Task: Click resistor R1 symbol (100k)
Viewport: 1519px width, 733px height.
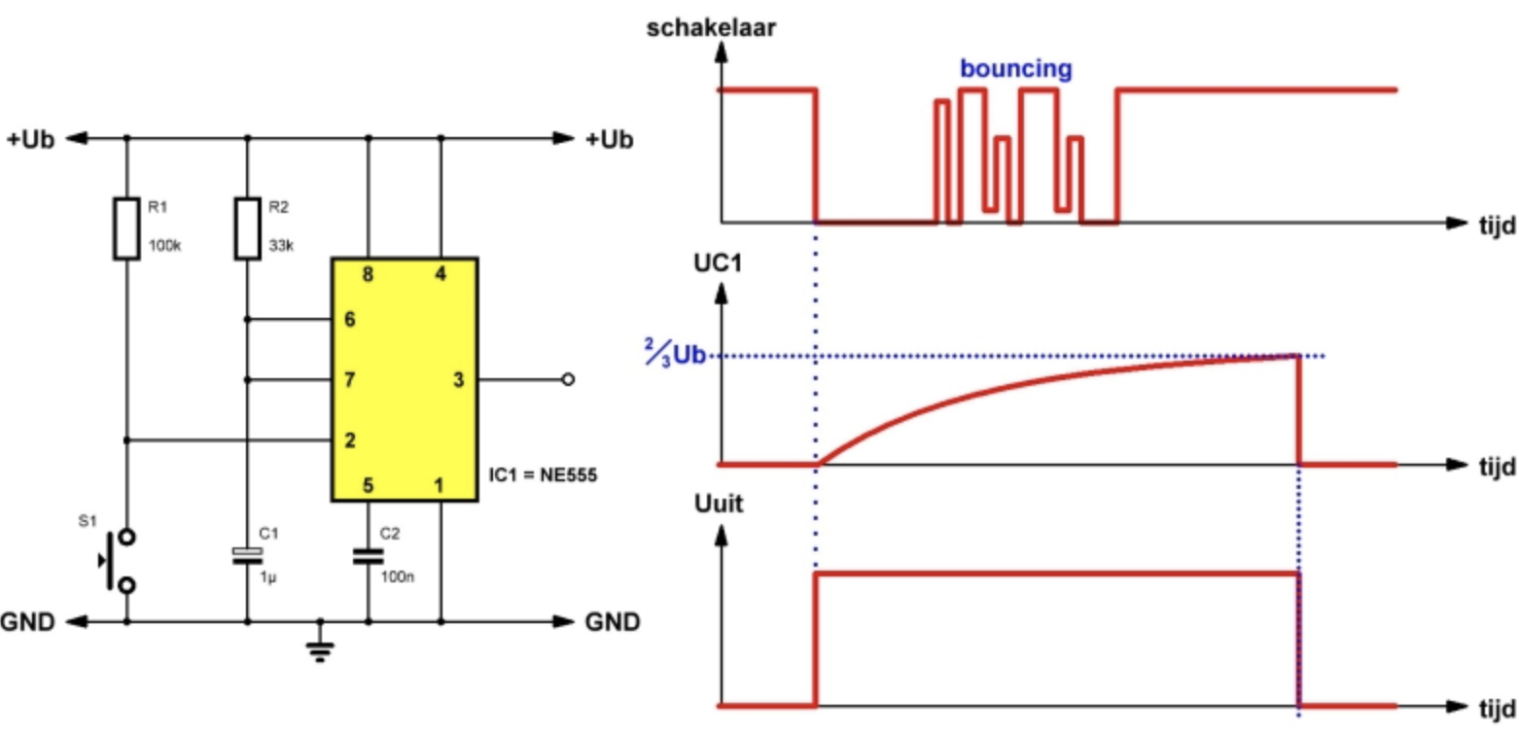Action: [126, 228]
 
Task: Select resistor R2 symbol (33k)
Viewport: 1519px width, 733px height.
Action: [248, 228]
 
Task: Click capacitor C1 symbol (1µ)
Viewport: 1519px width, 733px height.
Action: [248, 556]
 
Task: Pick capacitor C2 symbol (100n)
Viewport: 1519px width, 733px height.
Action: [369, 557]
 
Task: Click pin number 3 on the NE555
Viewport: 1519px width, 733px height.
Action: [459, 380]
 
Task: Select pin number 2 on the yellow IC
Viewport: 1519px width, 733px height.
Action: [350, 440]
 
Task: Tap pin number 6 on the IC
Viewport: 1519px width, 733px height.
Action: [350, 320]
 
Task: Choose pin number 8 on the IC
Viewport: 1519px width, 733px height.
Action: [368, 274]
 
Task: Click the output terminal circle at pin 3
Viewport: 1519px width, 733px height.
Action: [568, 380]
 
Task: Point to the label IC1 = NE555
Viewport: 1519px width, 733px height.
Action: [544, 474]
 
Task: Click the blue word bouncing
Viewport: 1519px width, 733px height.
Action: [1016, 69]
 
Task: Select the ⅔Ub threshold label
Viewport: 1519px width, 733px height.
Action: [676, 354]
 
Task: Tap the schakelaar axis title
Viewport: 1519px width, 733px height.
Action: [711, 28]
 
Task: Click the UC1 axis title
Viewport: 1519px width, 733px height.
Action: [718, 263]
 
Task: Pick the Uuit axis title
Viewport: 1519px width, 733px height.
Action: [718, 504]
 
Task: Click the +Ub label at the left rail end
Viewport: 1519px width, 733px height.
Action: [30, 140]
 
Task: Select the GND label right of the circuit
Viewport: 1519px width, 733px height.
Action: [613, 622]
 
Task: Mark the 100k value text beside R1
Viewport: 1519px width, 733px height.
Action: [164, 245]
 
